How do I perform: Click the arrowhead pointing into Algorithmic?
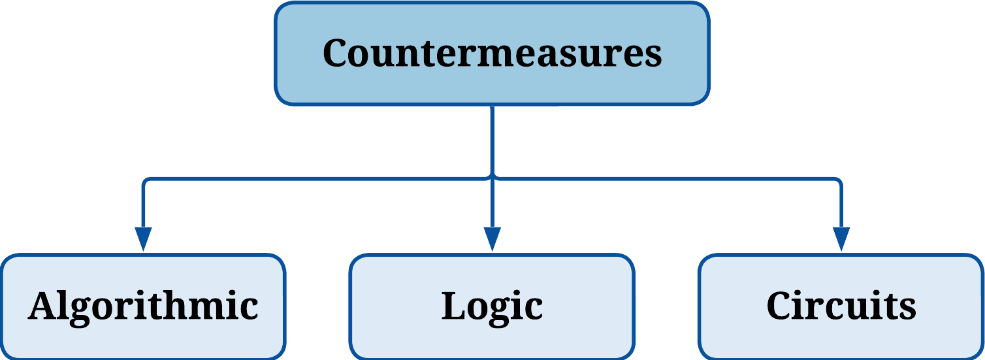pyautogui.click(x=142, y=238)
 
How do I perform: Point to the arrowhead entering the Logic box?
pyautogui.click(x=492, y=238)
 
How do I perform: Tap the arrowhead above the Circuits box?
pyautogui.click(x=841, y=238)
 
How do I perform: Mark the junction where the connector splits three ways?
pyautogui.click(x=492, y=177)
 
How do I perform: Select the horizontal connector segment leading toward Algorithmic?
pyautogui.click(x=314, y=177)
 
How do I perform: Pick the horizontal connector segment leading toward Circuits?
pyautogui.click(x=666, y=177)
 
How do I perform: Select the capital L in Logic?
pyautogui.click(x=454, y=306)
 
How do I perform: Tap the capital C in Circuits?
pyautogui.click(x=781, y=306)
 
